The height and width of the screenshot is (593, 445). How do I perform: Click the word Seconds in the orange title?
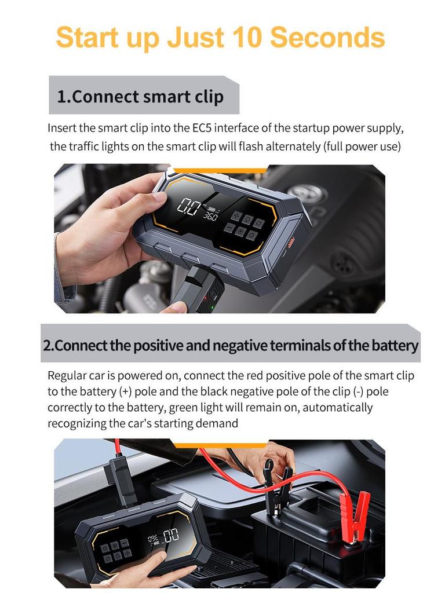327,37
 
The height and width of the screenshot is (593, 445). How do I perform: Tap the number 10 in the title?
246,37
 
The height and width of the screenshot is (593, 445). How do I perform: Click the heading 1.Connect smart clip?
140,97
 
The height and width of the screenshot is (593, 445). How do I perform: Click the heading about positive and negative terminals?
231,345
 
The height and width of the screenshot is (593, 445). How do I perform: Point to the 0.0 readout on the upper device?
188,207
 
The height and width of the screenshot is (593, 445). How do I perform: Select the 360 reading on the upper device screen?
210,216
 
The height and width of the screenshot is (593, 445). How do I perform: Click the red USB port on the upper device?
291,242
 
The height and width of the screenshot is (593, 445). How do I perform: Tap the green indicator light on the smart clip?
212,307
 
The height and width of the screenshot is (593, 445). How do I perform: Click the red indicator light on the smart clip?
206,298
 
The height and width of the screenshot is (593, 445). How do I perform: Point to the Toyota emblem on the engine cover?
309,195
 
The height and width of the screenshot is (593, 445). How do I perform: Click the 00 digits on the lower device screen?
171,535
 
